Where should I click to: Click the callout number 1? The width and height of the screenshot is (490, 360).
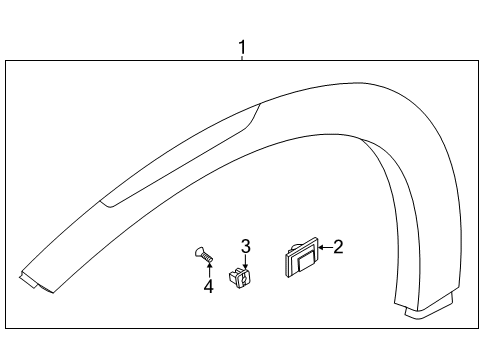click(241, 46)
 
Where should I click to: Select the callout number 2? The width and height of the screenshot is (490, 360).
click(337, 246)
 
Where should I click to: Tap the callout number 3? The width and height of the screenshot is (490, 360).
click(245, 246)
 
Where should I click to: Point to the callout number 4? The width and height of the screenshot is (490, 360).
click(208, 288)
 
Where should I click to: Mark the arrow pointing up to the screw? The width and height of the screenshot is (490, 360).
click(208, 272)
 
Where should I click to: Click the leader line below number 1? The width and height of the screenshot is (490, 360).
click(241, 58)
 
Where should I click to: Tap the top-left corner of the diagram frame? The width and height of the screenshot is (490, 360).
click(5, 62)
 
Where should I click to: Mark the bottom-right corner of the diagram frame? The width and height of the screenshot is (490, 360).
click(477, 327)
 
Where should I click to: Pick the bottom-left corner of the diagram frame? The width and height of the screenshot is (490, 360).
click(5, 327)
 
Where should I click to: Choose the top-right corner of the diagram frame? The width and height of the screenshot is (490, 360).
click(477, 62)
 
